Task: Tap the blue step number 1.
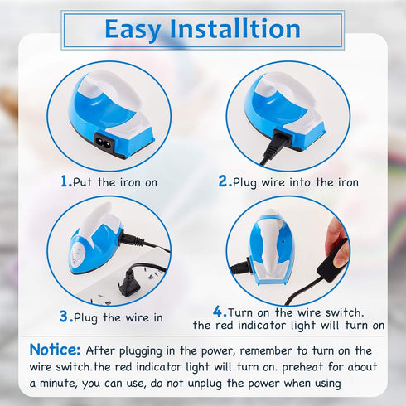pyautogui.click(x=65, y=181)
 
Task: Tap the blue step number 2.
pyautogui.click(x=224, y=181)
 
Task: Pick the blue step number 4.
pyautogui.click(x=219, y=311)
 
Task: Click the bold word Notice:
pyautogui.click(x=55, y=350)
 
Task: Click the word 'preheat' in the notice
pyautogui.click(x=295, y=367)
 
